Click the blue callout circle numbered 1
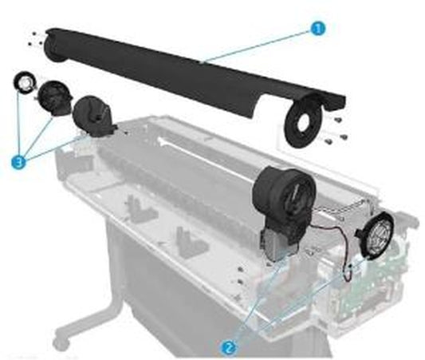pyautogui.click(x=318, y=29)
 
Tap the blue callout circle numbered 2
pyautogui.click(x=230, y=347)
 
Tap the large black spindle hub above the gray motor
pyautogui.click(x=284, y=192)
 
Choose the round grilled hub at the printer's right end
pyautogui.click(x=376, y=237)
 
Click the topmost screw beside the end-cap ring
pyautogui.click(x=337, y=119)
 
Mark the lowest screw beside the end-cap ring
pyautogui.click(x=328, y=140)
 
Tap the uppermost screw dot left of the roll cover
pyautogui.click(x=33, y=34)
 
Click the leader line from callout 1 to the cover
pyautogui.click(x=258, y=46)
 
